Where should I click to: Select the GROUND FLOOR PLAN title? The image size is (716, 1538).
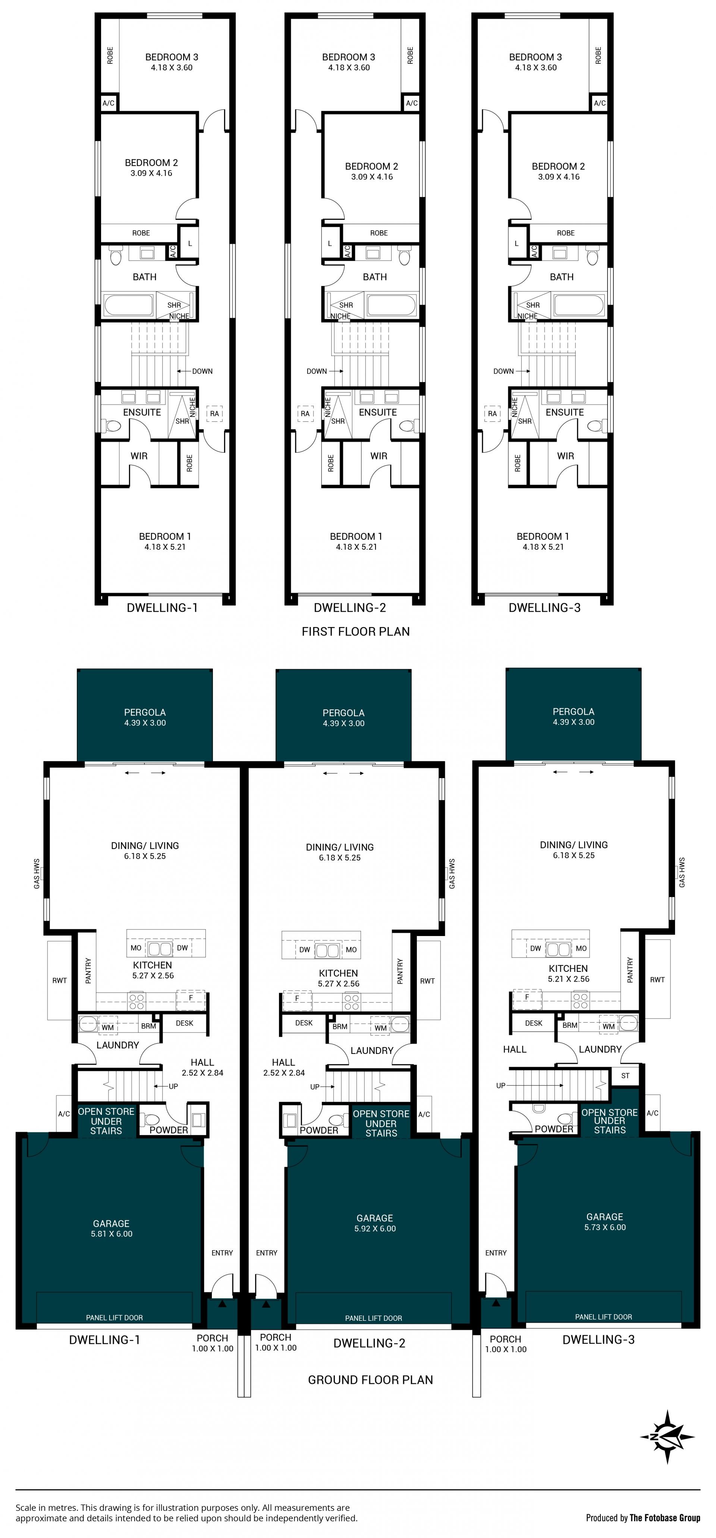click(x=371, y=1380)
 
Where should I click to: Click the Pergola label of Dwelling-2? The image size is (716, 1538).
click(x=344, y=712)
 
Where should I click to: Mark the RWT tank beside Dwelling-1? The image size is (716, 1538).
click(x=60, y=980)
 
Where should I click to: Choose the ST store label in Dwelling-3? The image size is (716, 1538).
click(x=625, y=1076)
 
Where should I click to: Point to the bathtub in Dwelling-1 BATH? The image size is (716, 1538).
click(x=129, y=305)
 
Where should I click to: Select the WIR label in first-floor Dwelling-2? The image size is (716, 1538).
click(x=379, y=456)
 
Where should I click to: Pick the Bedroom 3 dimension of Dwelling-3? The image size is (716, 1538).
click(x=536, y=68)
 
